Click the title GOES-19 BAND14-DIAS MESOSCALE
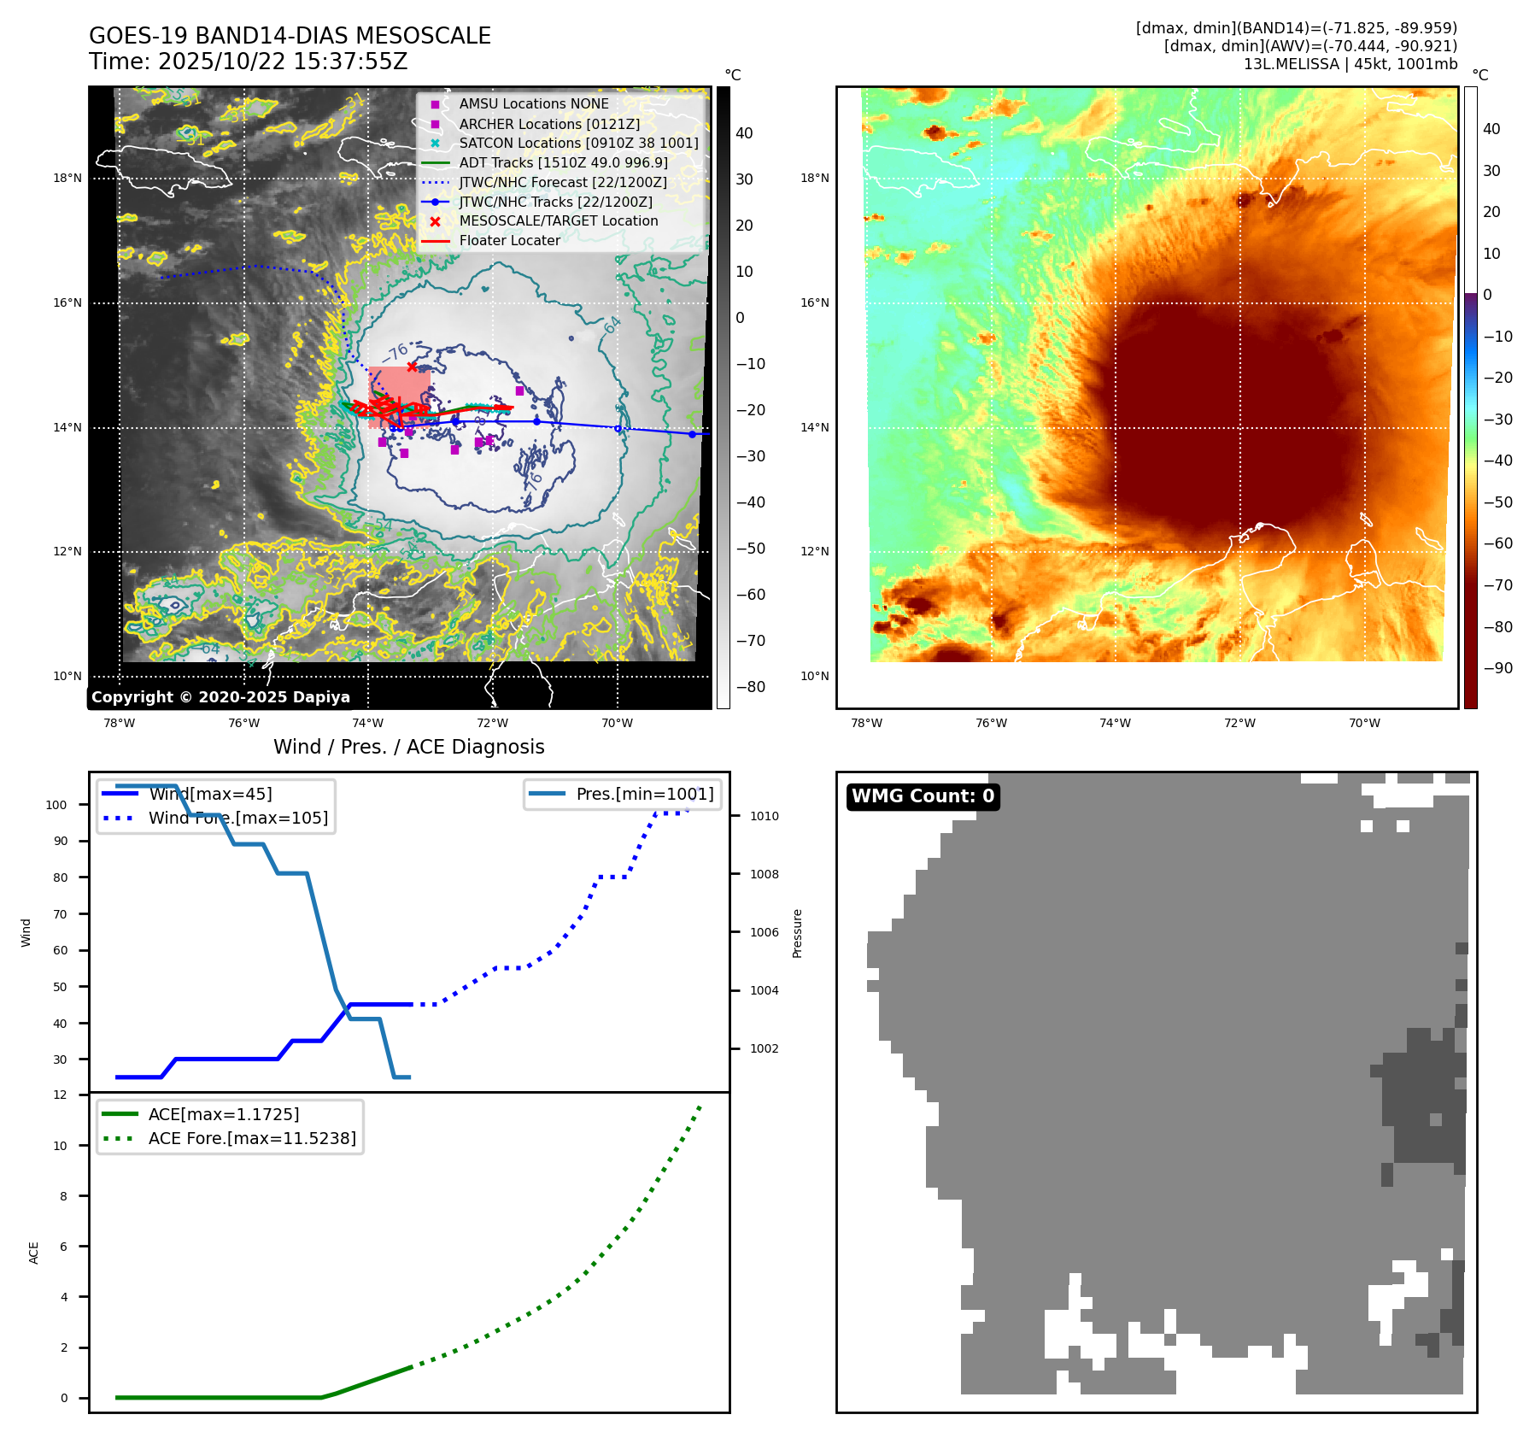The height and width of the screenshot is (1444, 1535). tap(290, 36)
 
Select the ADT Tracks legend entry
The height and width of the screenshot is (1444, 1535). tap(563, 162)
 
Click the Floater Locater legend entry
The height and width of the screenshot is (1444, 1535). tap(509, 241)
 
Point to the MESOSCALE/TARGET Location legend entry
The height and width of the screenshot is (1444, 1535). tap(558, 221)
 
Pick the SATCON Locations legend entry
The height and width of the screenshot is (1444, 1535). tap(578, 144)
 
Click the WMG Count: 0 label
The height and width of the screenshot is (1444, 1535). tap(923, 796)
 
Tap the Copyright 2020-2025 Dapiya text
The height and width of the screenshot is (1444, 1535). tap(220, 697)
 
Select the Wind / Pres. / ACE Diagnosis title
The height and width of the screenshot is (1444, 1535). tap(408, 747)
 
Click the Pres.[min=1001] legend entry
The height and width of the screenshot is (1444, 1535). tap(644, 794)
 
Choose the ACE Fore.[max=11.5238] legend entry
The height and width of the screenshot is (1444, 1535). tap(252, 1138)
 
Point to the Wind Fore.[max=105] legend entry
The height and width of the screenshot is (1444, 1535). tap(237, 818)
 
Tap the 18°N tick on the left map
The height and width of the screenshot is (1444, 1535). tap(67, 179)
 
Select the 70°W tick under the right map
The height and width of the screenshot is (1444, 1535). tap(1363, 723)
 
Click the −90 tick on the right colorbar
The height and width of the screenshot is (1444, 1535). tap(1497, 668)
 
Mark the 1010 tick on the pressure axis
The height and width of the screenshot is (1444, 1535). tap(764, 816)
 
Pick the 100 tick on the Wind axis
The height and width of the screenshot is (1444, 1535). tap(56, 805)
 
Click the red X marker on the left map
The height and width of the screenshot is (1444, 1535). tap(412, 367)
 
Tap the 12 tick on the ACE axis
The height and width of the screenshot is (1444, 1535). tap(60, 1095)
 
